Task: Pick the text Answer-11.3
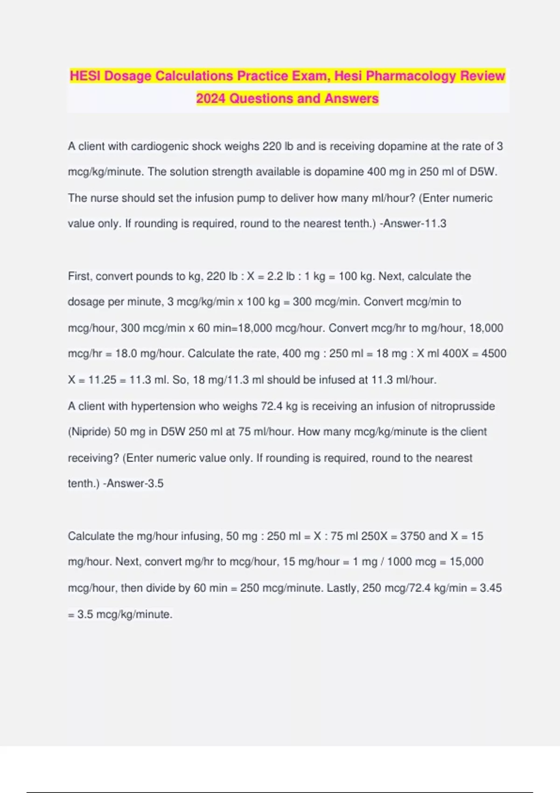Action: tap(415, 223)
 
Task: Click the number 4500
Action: tap(494, 354)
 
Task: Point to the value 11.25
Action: tap(102, 380)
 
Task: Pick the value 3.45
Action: tap(490, 588)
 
